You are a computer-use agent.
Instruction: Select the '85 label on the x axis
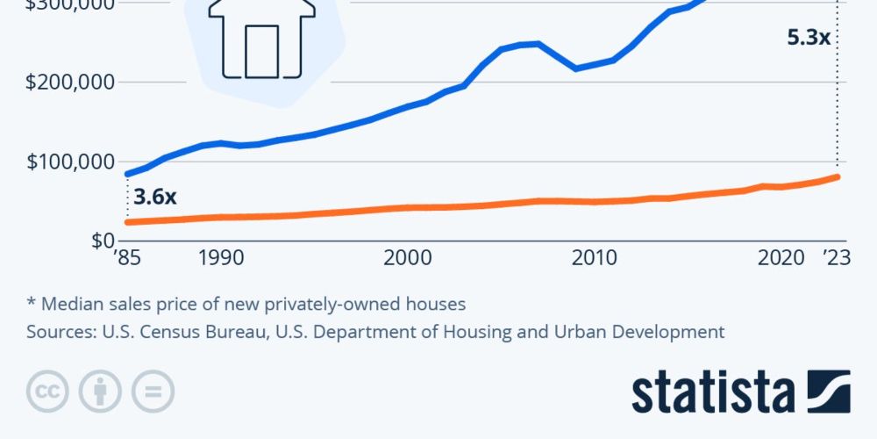pos(128,258)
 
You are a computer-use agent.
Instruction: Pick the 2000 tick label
pos(406,258)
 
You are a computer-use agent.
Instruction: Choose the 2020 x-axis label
pos(781,258)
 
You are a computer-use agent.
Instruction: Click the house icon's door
pos(261,50)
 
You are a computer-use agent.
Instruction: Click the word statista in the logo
pos(712,392)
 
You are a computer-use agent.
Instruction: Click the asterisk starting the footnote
pos(31,303)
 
